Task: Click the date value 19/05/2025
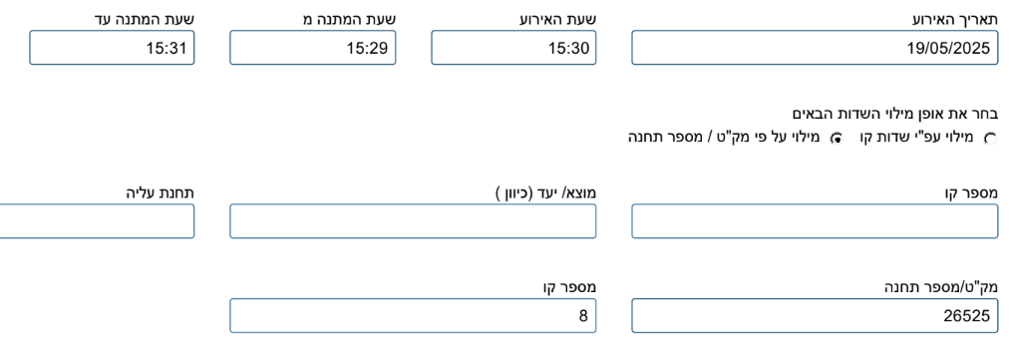point(948,48)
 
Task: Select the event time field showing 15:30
point(513,48)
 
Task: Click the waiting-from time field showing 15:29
point(313,48)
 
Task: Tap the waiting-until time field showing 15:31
point(112,48)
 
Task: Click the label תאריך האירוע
point(954,19)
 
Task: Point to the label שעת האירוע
point(560,19)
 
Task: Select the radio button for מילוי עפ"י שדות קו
point(990,139)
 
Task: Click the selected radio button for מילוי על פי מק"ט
point(838,139)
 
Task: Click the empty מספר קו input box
point(815,221)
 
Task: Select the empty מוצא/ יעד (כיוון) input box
point(413,221)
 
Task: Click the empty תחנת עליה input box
point(97,221)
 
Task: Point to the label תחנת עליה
point(161,192)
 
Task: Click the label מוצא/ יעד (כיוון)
point(546,192)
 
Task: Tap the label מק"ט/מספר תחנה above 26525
point(940,287)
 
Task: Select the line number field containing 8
point(413,315)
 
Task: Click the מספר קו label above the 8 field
point(569,287)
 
